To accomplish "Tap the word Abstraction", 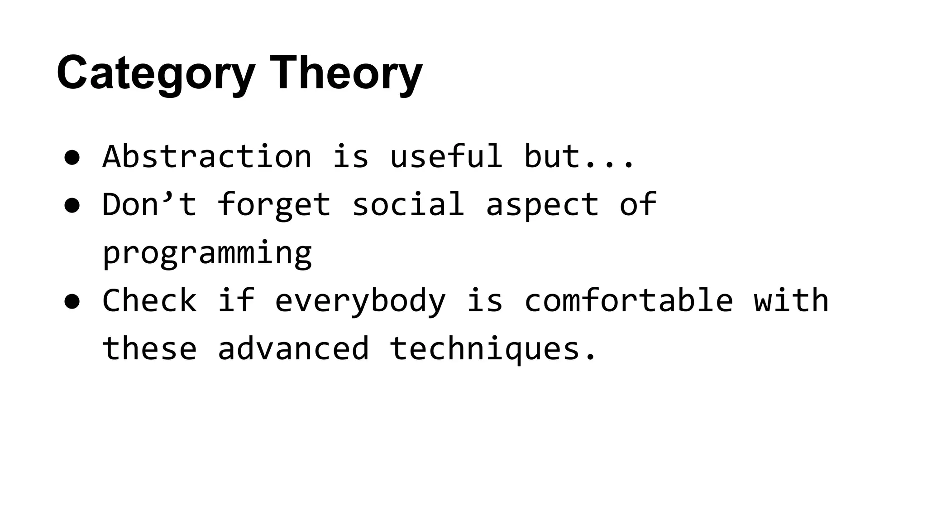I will tap(207, 156).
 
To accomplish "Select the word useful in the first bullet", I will tap(446, 156).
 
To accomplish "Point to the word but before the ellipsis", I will tap(552, 156).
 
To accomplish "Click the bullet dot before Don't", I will tap(72, 205).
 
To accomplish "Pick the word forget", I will tap(274, 205).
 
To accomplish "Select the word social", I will tap(408, 204).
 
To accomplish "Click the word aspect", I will tap(542, 205).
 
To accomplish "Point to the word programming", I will tap(207, 253).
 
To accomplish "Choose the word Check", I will tap(149, 300).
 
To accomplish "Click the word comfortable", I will tap(628, 300).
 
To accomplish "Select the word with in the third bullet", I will tap(791, 300).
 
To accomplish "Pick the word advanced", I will tap(293, 348).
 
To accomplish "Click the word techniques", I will tap(484, 348).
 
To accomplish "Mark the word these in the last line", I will tap(149, 348).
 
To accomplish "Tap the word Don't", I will tap(149, 204).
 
